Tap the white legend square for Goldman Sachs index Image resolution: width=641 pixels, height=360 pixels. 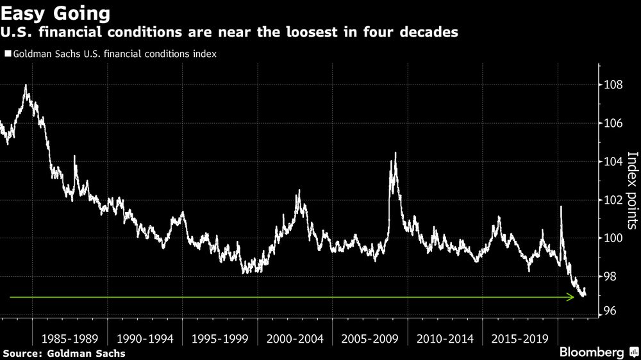(7, 54)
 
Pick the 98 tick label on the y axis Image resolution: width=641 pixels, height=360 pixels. (612, 277)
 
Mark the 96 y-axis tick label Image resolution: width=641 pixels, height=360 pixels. (612, 311)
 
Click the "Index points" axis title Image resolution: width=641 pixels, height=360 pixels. (632, 190)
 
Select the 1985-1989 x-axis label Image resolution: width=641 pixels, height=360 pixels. (69, 338)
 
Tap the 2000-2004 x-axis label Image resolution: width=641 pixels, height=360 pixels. (294, 338)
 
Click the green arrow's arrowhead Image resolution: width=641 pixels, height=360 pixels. (570, 297)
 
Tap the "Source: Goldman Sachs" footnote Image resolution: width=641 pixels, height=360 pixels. (63, 353)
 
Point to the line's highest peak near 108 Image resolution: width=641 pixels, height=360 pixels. (25, 85)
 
